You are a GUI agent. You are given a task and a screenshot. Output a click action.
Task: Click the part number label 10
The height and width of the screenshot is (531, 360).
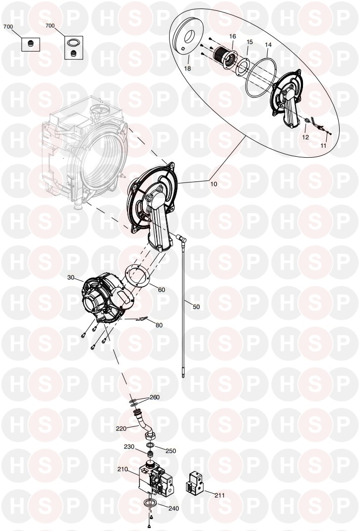coord(214,184)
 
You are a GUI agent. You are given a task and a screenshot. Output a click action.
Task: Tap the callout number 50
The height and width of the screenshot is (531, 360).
coord(196,307)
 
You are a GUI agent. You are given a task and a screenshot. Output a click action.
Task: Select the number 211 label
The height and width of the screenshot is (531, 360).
coord(220,495)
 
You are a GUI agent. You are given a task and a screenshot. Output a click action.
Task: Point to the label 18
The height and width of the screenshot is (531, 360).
coord(187,68)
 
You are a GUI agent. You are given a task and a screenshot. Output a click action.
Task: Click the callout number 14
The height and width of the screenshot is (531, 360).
coord(268,45)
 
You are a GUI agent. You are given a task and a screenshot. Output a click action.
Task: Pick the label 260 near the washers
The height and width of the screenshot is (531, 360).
coord(154,397)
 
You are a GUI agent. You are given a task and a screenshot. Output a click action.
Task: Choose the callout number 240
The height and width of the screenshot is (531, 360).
coord(174,508)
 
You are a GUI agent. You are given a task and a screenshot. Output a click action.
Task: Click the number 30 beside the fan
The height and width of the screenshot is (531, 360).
coord(70,277)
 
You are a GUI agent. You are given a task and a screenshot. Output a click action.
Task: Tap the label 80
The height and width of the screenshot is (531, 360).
coord(159,325)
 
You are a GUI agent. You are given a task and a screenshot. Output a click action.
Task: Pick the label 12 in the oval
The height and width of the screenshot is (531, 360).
coord(305,137)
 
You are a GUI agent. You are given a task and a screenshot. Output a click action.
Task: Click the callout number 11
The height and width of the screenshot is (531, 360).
coord(323,146)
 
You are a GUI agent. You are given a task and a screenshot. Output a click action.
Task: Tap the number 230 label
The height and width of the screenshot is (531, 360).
coord(129,447)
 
